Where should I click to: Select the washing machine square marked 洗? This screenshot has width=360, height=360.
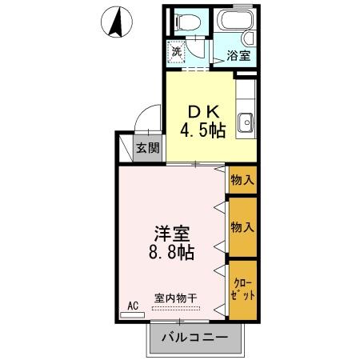176,51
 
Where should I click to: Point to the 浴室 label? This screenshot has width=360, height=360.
238,56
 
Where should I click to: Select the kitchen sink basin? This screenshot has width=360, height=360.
246,122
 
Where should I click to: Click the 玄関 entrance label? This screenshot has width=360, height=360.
146,148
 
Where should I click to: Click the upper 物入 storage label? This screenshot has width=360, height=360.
242,180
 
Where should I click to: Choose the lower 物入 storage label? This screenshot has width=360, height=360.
242,227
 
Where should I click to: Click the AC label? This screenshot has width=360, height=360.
134,305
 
